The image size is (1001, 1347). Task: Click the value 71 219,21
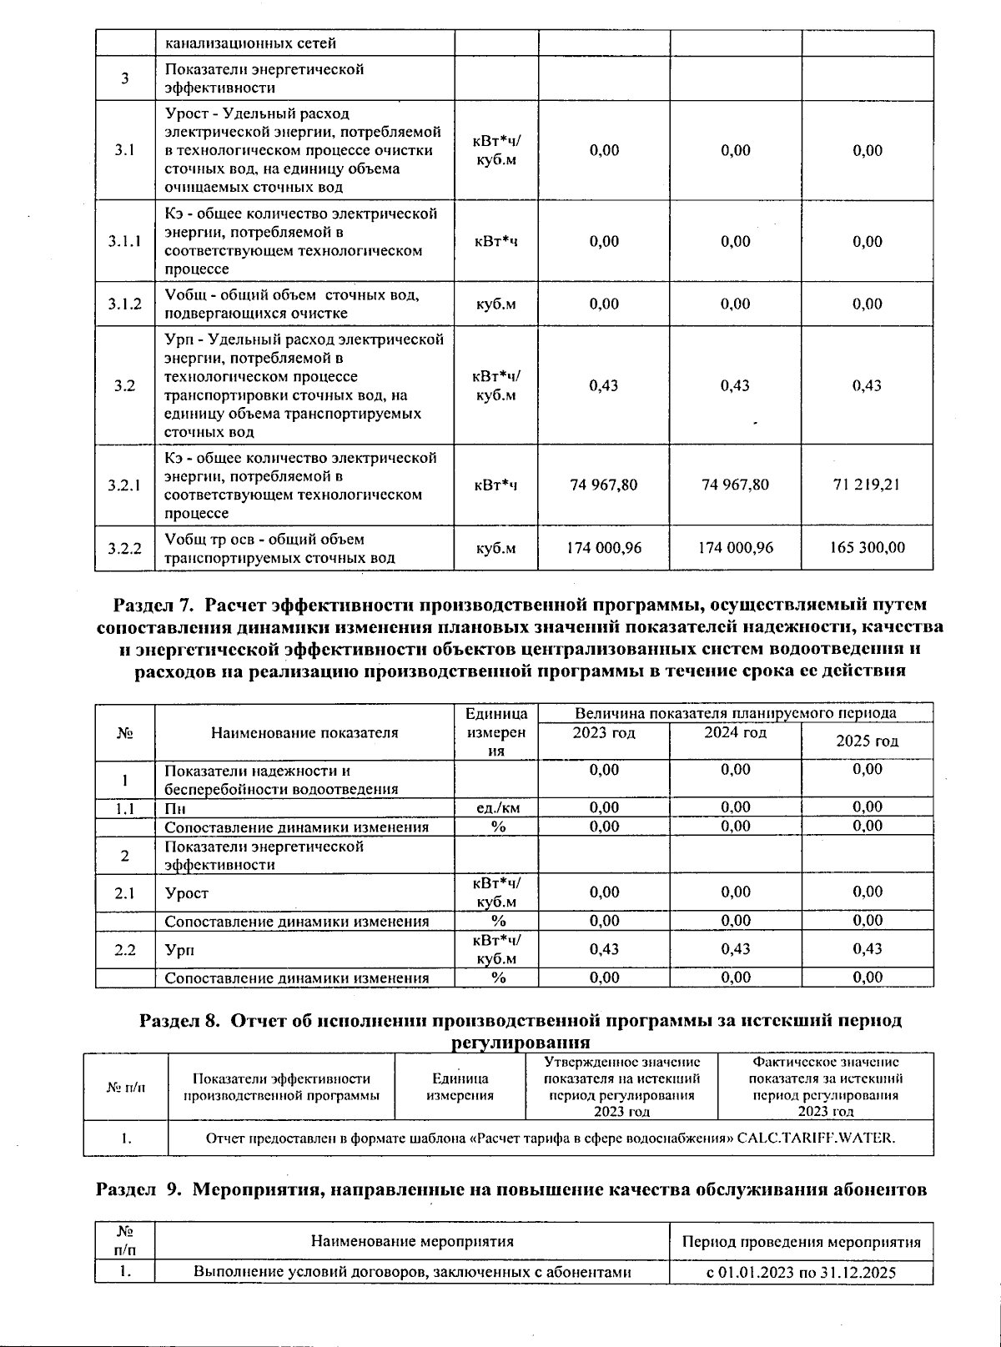[867, 485]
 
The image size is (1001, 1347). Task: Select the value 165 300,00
[867, 548]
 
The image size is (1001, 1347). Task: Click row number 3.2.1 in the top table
[124, 485]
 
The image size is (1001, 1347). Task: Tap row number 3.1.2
[124, 304]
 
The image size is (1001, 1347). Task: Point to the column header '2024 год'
[735, 732]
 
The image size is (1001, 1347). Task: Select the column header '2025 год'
[867, 741]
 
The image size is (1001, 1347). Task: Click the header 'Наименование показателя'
[304, 732]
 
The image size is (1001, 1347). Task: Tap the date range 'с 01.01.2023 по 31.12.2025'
[801, 1272]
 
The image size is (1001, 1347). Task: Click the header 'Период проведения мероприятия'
[801, 1241]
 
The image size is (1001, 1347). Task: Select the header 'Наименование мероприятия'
[412, 1241]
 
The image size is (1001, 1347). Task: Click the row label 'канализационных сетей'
[250, 43]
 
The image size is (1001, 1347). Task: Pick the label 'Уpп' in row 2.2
[175, 949]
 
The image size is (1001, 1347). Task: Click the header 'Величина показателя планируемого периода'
[735, 713]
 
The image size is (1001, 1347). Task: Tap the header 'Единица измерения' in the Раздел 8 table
[460, 1087]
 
